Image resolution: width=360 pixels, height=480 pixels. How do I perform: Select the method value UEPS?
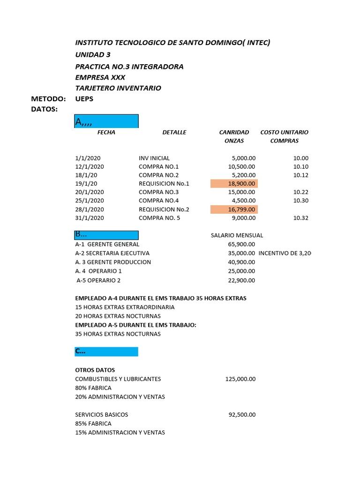tap(84, 99)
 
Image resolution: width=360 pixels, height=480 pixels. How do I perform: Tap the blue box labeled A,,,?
tap(106, 121)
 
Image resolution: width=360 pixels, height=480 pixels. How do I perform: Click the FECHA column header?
tap(106, 133)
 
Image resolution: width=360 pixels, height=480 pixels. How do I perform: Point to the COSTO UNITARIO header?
tap(284, 133)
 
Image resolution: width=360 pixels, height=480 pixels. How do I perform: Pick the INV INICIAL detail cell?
tap(154, 158)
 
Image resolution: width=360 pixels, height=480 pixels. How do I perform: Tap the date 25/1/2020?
tap(90, 201)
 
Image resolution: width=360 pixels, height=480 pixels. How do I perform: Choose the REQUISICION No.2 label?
tap(164, 210)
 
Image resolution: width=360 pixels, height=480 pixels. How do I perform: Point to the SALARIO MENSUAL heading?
tap(237, 235)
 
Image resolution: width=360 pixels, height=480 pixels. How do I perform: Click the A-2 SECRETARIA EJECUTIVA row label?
tap(112, 253)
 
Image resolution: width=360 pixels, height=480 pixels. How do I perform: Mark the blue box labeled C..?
tap(106, 352)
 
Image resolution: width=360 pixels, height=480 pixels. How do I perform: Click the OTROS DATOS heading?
tap(95, 370)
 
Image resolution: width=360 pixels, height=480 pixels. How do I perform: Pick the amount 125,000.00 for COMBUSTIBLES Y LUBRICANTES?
tap(240, 379)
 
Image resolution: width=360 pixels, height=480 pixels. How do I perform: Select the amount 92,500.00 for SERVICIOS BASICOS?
tap(242, 415)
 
